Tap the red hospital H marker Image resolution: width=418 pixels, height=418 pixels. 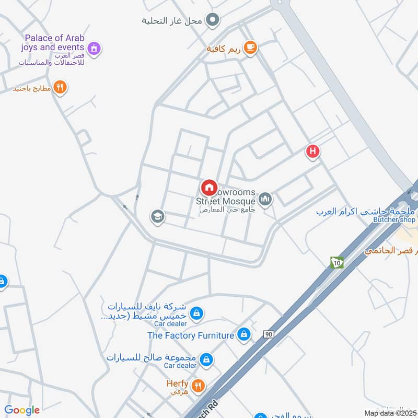pyautogui.click(x=312, y=152)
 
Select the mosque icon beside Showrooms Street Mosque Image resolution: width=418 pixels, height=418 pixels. pyautogui.click(x=265, y=199)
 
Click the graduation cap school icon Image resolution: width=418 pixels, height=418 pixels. pyautogui.click(x=157, y=216)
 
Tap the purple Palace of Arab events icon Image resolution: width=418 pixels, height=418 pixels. pyautogui.click(x=94, y=49)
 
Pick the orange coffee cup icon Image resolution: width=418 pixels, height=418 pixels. pyautogui.click(x=251, y=48)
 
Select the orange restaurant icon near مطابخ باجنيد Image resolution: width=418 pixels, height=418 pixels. pyautogui.click(x=61, y=88)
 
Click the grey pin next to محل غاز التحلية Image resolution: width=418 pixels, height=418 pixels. pyautogui.click(x=212, y=20)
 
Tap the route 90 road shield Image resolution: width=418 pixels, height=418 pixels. pyautogui.click(x=269, y=333)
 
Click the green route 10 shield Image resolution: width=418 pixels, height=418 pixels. pyautogui.click(x=337, y=262)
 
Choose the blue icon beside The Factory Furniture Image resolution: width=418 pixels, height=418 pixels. pyautogui.click(x=243, y=334)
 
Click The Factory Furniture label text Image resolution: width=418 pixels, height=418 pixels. pyautogui.click(x=191, y=335)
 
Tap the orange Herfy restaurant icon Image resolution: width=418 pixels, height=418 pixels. pyautogui.click(x=198, y=386)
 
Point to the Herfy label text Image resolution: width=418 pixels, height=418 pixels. pyautogui.click(x=177, y=384)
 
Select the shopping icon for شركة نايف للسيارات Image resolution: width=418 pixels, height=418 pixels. pyautogui.click(x=196, y=313)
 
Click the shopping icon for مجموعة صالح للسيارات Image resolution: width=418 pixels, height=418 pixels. pyautogui.click(x=207, y=359)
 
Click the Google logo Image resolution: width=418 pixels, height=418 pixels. pyautogui.click(x=22, y=410)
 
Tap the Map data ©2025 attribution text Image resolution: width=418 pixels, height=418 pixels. pyautogui.click(x=389, y=413)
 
